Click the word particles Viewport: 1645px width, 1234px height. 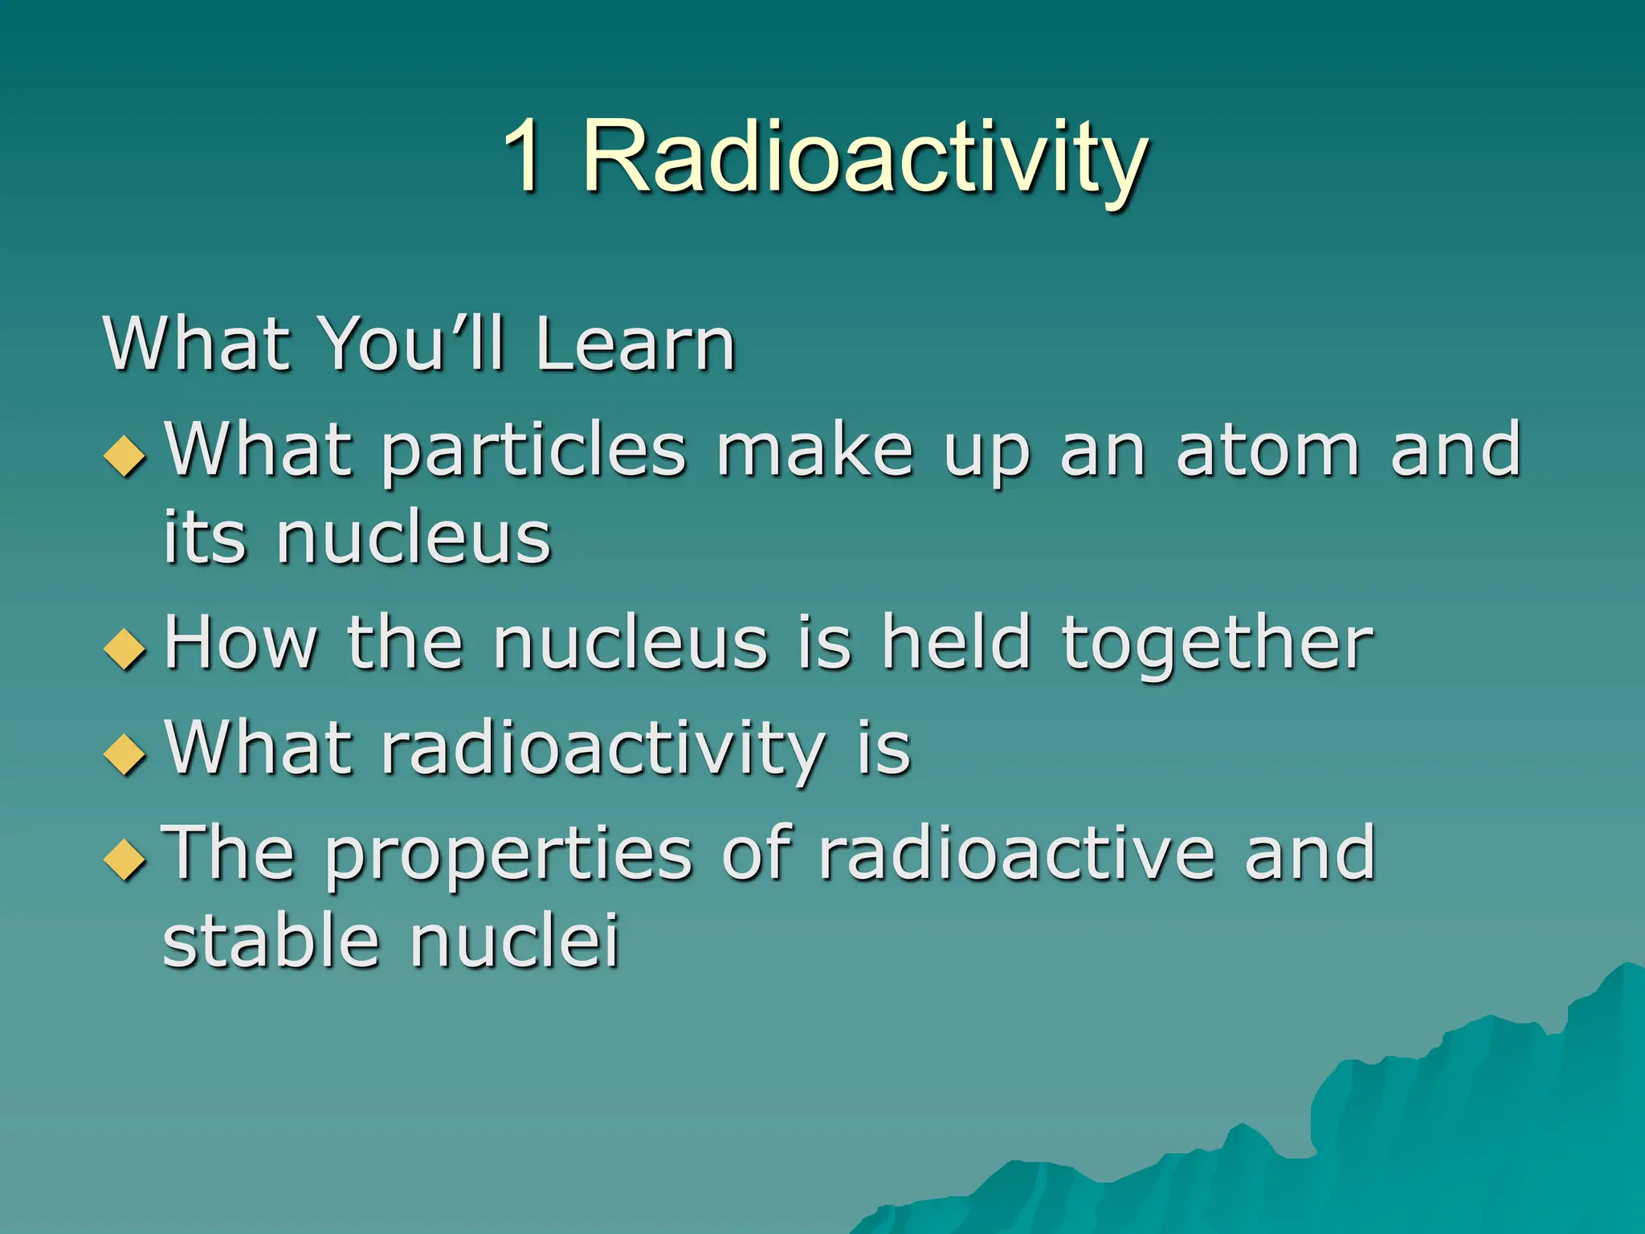533,452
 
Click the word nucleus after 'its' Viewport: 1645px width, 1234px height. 413,538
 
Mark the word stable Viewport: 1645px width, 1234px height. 271,941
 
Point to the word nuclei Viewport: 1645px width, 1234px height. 515,941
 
